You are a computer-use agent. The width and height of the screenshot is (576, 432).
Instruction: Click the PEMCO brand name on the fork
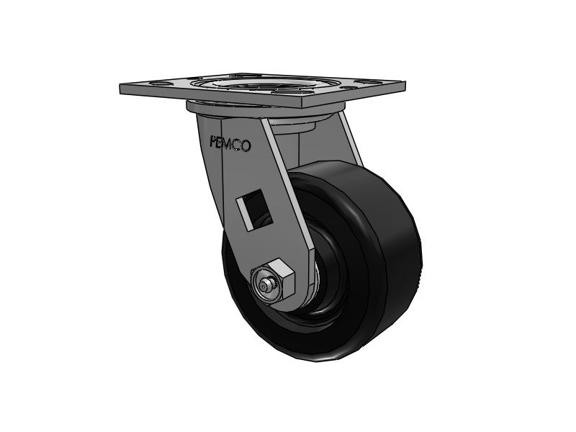pos(229,144)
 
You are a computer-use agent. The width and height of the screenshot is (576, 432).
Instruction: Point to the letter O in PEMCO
pos(246,146)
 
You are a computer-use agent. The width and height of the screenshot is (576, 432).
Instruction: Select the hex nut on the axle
pos(275,283)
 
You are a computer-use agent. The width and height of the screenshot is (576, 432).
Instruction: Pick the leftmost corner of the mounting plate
pos(121,88)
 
